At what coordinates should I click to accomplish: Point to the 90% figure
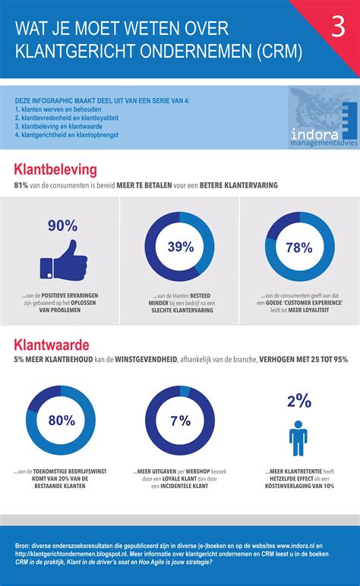coord(62,225)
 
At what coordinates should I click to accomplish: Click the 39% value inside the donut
coord(179,247)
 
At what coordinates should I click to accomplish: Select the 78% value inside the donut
coord(298,247)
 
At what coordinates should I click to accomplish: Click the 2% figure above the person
coord(298,400)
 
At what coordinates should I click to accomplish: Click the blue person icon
coord(298,438)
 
